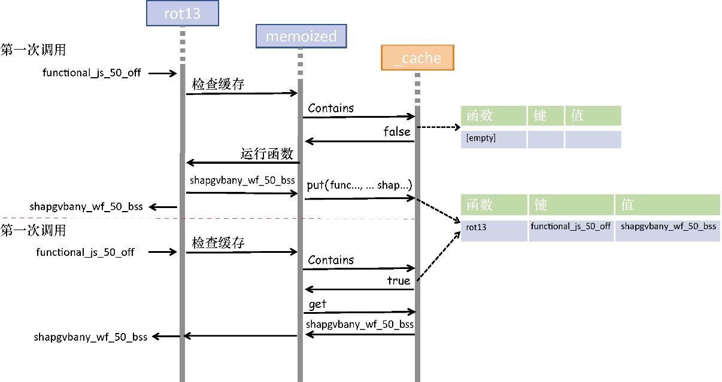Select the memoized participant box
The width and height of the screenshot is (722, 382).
coord(301,36)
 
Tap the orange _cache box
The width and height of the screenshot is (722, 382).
coord(417,58)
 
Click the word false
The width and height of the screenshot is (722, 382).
coord(397,132)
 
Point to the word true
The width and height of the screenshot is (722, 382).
coord(399,280)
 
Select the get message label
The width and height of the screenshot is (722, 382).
coord(317,305)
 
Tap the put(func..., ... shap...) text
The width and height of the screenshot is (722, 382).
coord(359,185)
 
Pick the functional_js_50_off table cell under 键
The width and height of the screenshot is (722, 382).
coord(571,227)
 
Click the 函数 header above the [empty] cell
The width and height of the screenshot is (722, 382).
coord(493,115)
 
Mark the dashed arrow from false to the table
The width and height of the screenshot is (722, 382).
coord(438,127)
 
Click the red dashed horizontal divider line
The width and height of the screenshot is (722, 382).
coord(239,218)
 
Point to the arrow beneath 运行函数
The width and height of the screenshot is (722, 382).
coord(242,163)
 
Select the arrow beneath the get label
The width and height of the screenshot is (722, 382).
coord(359,312)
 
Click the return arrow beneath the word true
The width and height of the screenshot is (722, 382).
coord(359,290)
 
